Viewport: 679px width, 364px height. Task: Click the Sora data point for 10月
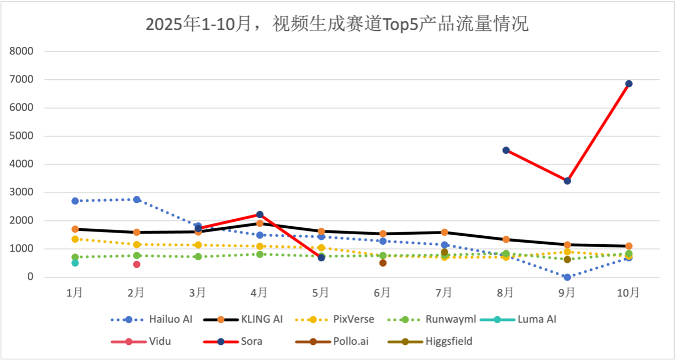tap(629, 84)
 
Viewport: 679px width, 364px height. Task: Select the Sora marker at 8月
tap(506, 150)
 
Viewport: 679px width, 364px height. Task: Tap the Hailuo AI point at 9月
tap(567, 277)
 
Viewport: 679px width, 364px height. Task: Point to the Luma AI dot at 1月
tap(75, 263)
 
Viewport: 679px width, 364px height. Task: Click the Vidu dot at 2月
tap(136, 264)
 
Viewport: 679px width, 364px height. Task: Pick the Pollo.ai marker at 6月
tap(383, 263)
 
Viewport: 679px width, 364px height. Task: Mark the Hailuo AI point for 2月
tap(136, 200)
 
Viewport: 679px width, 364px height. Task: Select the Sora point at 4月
tap(260, 214)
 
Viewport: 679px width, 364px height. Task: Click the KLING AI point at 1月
tap(75, 229)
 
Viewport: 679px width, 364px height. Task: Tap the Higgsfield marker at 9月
tap(567, 260)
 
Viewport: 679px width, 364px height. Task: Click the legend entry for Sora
tap(251, 341)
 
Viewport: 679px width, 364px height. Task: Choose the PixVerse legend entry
tap(353, 319)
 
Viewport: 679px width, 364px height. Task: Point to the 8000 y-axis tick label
tap(22, 52)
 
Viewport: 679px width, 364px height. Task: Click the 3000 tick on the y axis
tap(22, 193)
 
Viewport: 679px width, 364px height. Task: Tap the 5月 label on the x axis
tap(321, 292)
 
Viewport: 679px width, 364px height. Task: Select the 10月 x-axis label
tap(628, 292)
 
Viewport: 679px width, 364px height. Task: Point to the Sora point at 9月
tap(567, 181)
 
